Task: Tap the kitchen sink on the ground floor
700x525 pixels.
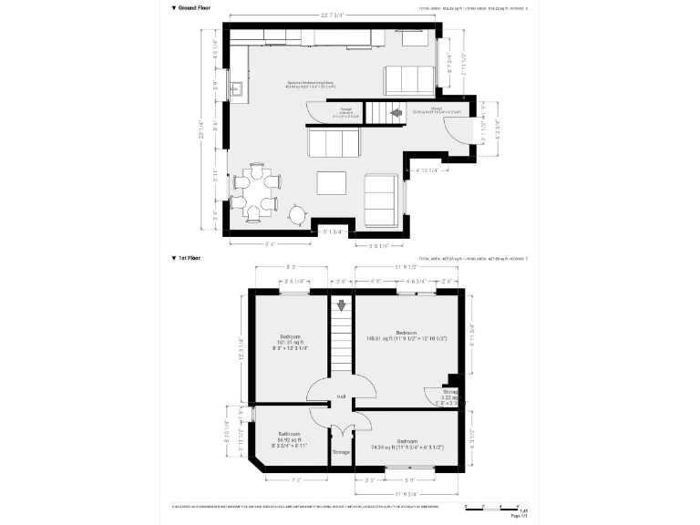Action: (x=236, y=89)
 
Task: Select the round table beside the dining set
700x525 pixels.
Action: (x=298, y=215)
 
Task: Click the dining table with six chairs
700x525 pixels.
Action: (x=255, y=192)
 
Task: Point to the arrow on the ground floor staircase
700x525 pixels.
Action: (x=396, y=113)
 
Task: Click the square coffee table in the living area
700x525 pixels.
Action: (x=332, y=182)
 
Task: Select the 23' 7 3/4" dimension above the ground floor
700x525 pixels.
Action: (x=335, y=15)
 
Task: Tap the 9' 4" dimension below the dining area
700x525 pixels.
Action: (x=271, y=243)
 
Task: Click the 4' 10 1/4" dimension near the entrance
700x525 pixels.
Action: (x=427, y=170)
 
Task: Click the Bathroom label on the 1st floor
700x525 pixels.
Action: (x=290, y=433)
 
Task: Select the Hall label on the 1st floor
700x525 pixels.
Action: (x=341, y=396)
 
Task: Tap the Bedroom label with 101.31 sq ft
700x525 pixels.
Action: (x=291, y=335)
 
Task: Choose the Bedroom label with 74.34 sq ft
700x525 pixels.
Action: (x=407, y=441)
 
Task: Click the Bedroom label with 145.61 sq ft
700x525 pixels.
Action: (x=407, y=332)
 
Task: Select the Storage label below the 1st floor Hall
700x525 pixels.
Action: (x=341, y=452)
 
